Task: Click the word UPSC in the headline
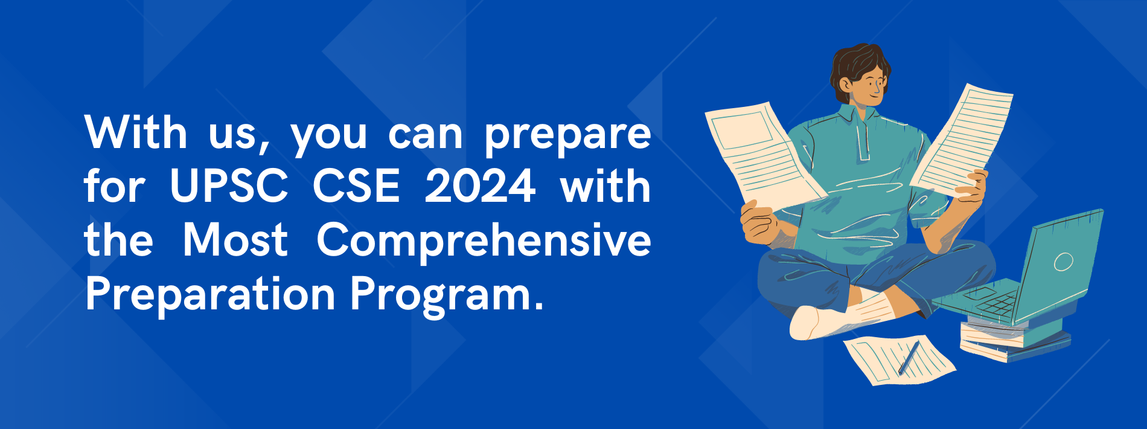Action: (229, 186)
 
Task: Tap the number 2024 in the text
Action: (480, 186)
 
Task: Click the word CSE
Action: (356, 186)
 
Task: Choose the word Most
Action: (235, 240)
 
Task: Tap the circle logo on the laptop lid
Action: (1063, 262)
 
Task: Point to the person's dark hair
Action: (857, 69)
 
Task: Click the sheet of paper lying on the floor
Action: (899, 360)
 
